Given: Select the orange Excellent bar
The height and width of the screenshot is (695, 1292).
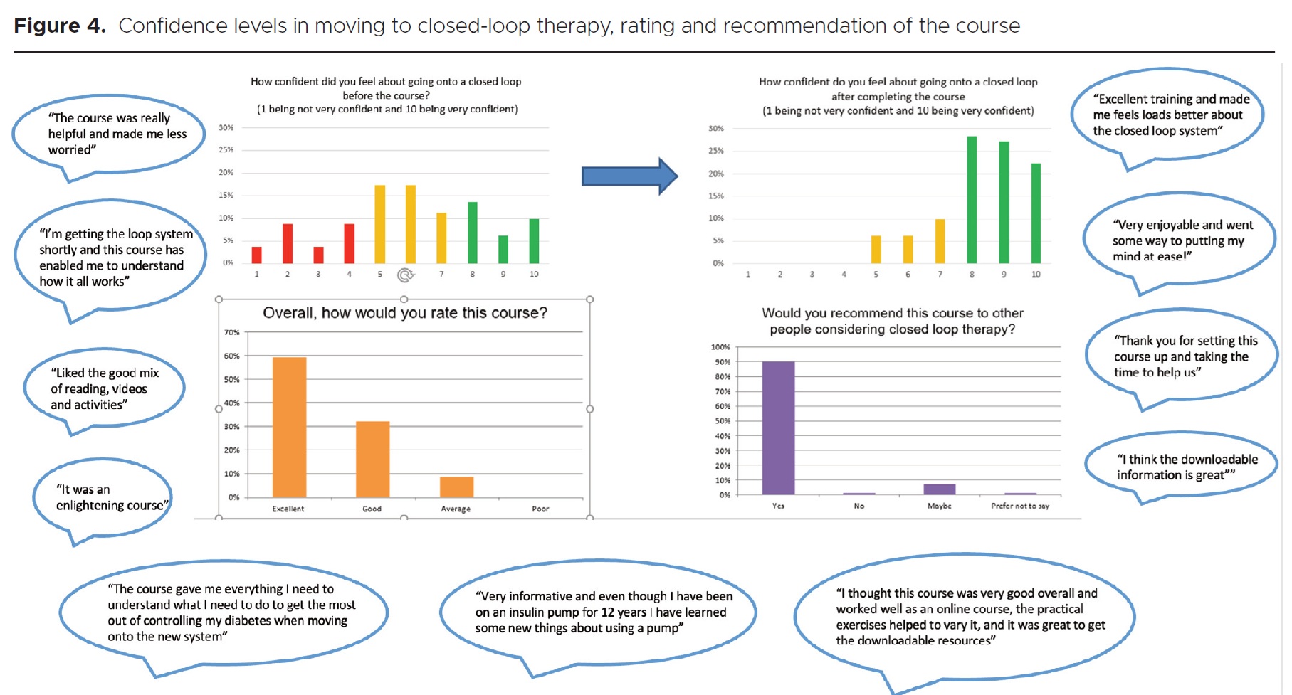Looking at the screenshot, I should coord(289,427).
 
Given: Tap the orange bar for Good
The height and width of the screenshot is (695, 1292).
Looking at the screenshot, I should coord(372,459).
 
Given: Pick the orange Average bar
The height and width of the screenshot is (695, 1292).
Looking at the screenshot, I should coord(456,487).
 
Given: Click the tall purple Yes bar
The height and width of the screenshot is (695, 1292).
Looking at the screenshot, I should coord(778,428).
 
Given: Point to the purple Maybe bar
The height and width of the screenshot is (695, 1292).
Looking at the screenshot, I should coord(940,489).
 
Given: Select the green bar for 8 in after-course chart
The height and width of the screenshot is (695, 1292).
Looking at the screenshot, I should coord(972,200).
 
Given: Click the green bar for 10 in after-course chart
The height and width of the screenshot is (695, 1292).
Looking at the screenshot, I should coord(1036,213).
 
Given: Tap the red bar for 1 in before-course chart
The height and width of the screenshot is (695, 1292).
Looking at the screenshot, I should coord(257,255).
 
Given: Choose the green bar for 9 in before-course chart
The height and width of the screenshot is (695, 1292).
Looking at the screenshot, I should coord(503,249).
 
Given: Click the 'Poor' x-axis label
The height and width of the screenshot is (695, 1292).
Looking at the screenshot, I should coord(540,509).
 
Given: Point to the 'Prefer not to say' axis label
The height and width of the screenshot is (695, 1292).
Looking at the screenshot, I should coord(1020,506).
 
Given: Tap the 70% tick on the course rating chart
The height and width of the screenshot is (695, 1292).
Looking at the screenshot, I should coord(232,332).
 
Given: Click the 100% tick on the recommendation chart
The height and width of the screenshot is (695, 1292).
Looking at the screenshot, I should coord(720,347).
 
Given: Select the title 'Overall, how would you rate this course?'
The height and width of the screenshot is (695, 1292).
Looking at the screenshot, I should coord(405,313).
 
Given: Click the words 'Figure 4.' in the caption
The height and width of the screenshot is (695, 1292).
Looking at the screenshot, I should coord(60,26).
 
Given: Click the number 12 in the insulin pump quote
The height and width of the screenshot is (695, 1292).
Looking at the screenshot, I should coord(607,612).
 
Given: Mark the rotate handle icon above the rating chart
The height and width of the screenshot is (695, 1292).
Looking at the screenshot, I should coord(405,275).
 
